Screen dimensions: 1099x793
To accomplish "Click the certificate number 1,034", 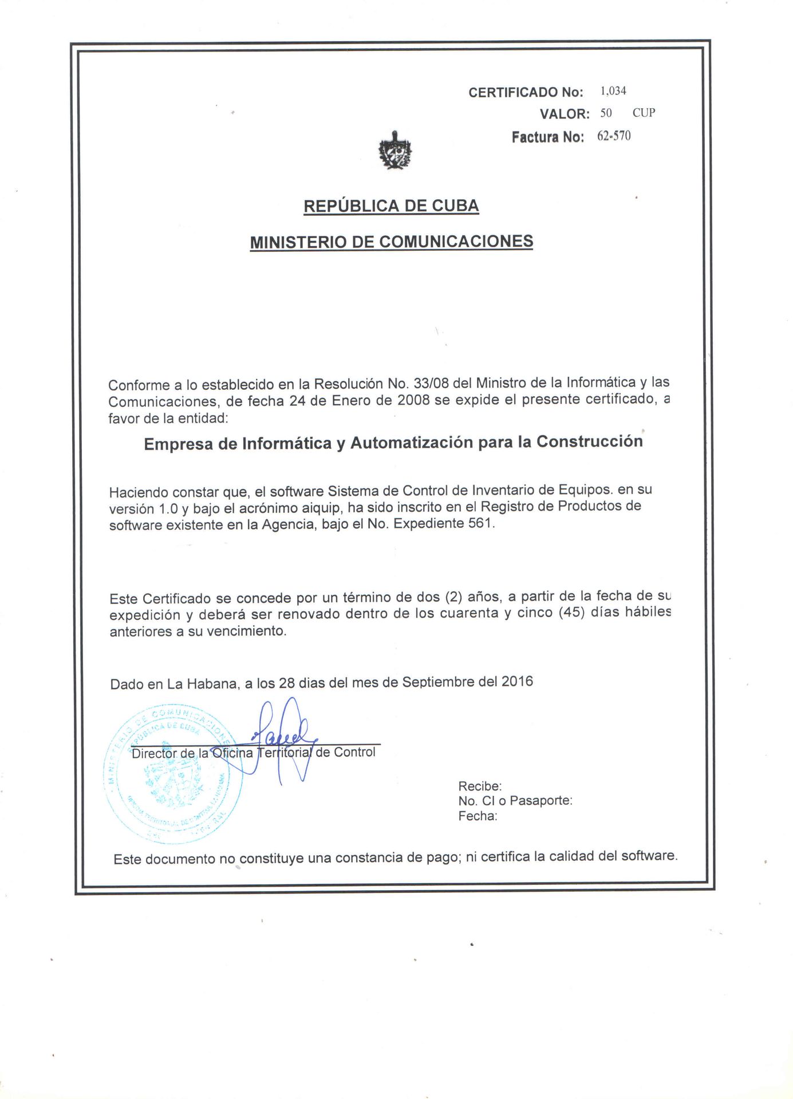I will (x=613, y=91).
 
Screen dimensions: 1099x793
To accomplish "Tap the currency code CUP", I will (x=644, y=113).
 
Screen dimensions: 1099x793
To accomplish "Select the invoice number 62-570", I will (x=613, y=136).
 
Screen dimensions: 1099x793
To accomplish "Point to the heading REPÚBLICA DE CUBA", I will (x=391, y=206).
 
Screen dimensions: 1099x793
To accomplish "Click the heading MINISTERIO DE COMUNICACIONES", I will (x=392, y=242).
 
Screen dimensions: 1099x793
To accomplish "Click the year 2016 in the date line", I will (x=517, y=681).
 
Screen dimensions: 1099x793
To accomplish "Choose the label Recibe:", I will (x=480, y=786).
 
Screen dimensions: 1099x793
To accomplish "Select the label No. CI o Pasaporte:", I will (x=515, y=800).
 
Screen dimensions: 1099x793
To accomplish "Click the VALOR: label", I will (x=564, y=114).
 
